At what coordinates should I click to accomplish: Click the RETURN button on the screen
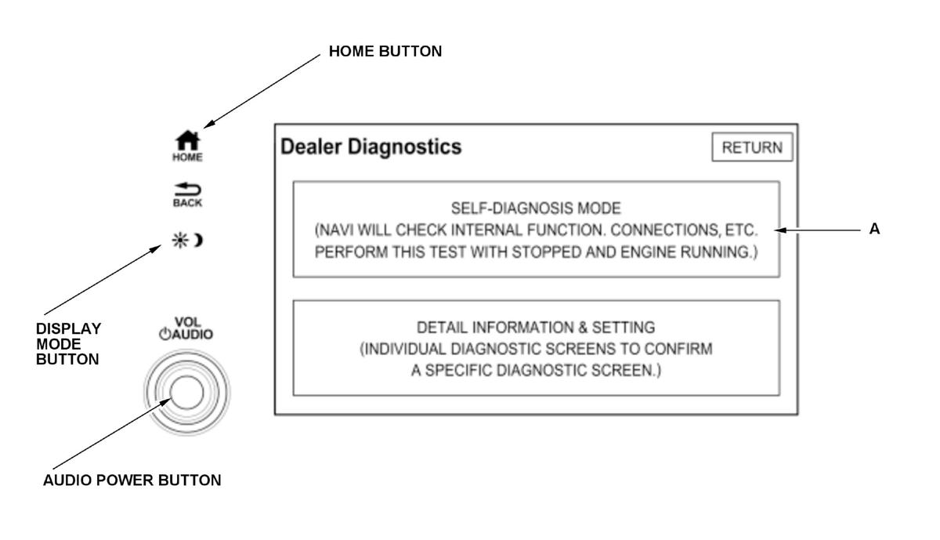752,147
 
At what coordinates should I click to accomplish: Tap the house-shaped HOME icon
187,140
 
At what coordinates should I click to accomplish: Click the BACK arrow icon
187,190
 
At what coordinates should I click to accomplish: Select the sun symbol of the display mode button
179,240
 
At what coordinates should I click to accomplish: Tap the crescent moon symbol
197,240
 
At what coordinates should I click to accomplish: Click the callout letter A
875,229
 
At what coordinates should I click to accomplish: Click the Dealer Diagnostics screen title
371,147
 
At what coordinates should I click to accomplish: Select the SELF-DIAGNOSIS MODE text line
536,208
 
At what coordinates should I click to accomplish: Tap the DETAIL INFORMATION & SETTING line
536,328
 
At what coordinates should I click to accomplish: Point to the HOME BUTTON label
385,52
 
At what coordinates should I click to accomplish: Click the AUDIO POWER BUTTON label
132,480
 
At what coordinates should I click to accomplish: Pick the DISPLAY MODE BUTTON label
68,344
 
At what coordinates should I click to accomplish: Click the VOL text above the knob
188,322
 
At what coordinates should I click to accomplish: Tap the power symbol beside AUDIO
164,334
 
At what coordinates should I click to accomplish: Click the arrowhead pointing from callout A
779,230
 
